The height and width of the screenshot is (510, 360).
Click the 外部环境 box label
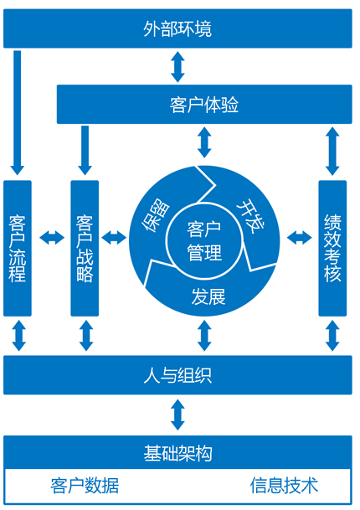pyautogui.click(x=177, y=29)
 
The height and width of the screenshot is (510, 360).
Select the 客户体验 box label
pyautogui.click(x=204, y=105)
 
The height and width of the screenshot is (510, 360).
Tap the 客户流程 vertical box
pyautogui.click(x=18, y=248)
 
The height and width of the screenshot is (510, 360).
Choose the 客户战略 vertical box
pyautogui.click(x=85, y=248)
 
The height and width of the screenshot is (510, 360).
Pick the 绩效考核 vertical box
pyautogui.click(x=332, y=248)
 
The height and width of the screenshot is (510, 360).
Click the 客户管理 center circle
pyautogui.click(x=204, y=241)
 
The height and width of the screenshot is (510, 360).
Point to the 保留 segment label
pyautogui.click(x=156, y=215)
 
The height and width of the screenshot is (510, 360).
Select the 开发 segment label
pyautogui.click(x=250, y=216)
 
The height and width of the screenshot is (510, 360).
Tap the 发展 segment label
pyautogui.click(x=208, y=296)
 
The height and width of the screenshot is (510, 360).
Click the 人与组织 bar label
pyautogui.click(x=177, y=375)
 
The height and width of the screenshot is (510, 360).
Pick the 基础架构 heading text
pyautogui.click(x=177, y=453)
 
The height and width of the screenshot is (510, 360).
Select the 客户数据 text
pyautogui.click(x=85, y=486)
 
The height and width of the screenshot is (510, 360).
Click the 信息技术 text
pyautogui.click(x=284, y=486)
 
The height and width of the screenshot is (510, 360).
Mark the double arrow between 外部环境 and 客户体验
pyautogui.click(x=177, y=67)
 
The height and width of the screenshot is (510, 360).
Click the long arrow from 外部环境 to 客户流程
pyautogui.click(x=18, y=112)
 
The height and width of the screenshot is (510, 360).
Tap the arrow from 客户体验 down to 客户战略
pyautogui.click(x=85, y=150)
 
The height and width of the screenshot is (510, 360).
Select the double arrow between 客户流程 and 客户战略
pyautogui.click(x=52, y=238)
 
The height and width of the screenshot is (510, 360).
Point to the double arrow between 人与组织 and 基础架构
pyautogui.click(x=177, y=415)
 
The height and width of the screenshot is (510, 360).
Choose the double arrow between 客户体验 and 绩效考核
pyautogui.click(x=332, y=152)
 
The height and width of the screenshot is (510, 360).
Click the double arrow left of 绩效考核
pyautogui.click(x=300, y=238)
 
